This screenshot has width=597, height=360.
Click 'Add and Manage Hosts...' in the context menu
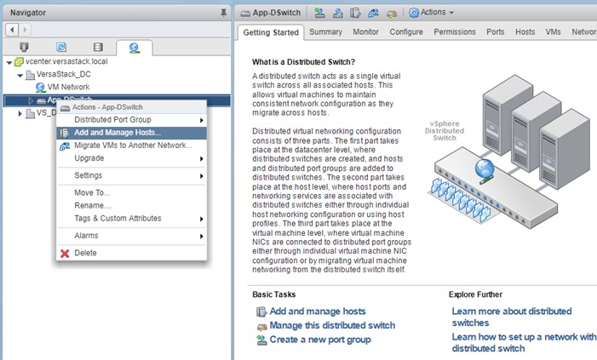(116, 133)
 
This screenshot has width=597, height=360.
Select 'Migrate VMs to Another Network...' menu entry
(133, 146)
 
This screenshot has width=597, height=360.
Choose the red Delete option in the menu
(85, 253)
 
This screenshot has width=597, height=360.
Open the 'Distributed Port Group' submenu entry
(112, 120)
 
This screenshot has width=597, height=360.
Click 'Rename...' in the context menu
(93, 205)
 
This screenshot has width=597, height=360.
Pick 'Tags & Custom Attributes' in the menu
(118, 218)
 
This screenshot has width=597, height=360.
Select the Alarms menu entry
(86, 235)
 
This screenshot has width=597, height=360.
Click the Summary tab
(325, 32)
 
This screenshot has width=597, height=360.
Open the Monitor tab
(365, 32)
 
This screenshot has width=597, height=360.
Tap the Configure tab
(406, 32)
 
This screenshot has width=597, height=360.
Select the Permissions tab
(455, 32)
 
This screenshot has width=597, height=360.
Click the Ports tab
(495, 32)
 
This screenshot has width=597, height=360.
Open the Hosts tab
(525, 32)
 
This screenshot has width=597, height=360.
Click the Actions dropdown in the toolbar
(432, 12)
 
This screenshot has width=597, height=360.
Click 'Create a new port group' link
(319, 340)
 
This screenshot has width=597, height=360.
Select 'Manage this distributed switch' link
(332, 326)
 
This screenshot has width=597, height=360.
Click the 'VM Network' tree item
(68, 88)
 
